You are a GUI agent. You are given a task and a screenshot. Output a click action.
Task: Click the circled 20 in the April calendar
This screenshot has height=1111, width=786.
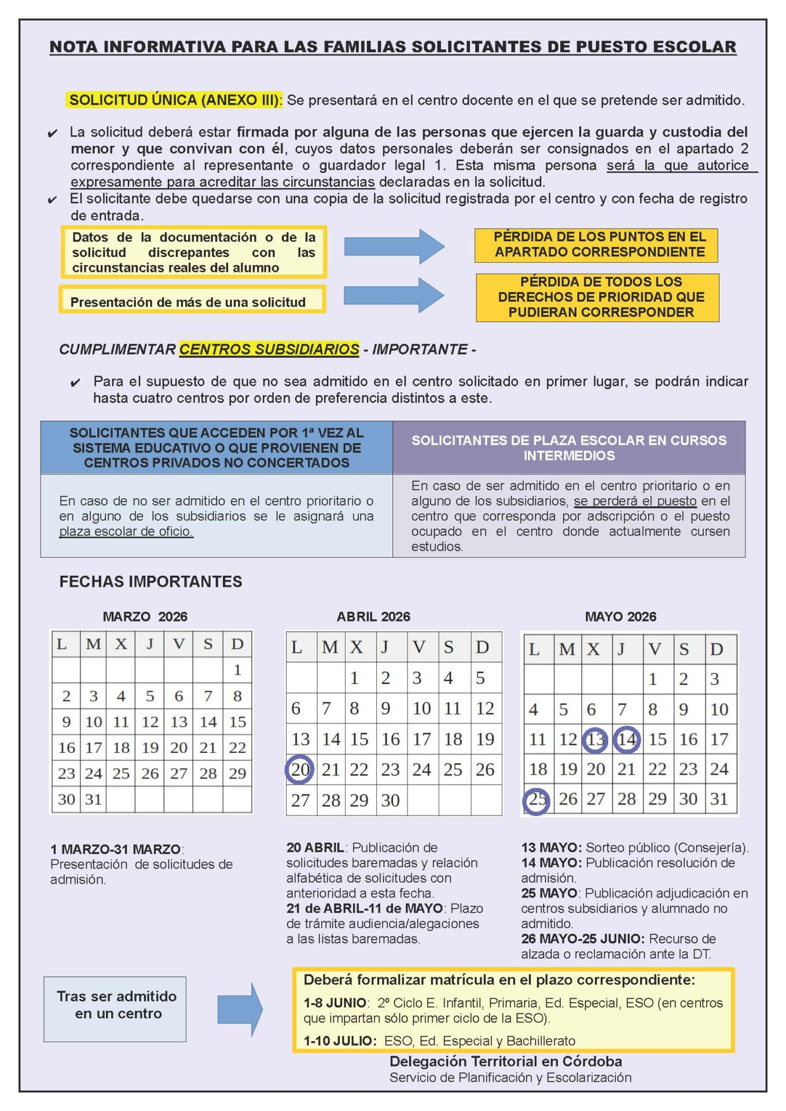coord(300,770)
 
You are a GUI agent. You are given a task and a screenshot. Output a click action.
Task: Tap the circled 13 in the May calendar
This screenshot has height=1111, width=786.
coord(595,740)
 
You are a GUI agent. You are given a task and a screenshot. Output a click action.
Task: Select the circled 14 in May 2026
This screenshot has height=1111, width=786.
coord(626,740)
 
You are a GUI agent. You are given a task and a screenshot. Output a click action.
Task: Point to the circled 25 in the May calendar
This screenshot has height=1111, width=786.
coord(537,800)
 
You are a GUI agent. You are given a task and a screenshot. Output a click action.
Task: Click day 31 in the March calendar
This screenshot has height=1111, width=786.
coord(93,800)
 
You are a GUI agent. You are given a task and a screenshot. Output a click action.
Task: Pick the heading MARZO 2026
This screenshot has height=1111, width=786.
coord(145,617)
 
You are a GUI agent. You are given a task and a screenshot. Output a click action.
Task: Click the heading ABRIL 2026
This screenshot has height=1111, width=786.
coord(373,617)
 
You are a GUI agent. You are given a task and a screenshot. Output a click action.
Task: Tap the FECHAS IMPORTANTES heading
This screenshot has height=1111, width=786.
coord(150,582)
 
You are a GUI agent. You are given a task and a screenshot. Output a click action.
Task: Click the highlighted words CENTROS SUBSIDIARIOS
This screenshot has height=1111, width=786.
coord(269,350)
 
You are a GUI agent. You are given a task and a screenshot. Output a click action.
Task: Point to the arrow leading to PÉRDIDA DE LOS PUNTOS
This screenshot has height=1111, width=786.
coord(394,247)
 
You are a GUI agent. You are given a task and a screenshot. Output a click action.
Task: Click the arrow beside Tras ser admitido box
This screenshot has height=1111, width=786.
coord(240,1009)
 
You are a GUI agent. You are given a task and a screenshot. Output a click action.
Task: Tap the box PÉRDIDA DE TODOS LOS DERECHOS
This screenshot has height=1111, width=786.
coord(597,297)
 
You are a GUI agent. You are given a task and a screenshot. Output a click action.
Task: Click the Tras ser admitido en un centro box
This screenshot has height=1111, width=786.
coord(115,1009)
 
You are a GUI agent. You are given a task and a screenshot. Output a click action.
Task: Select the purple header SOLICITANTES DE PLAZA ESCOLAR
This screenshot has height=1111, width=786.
coord(568,448)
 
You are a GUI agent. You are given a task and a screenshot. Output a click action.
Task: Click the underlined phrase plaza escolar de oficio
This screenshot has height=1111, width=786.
coord(126,531)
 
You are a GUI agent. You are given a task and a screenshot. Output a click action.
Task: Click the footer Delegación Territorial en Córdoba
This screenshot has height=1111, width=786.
coord(505,1061)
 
